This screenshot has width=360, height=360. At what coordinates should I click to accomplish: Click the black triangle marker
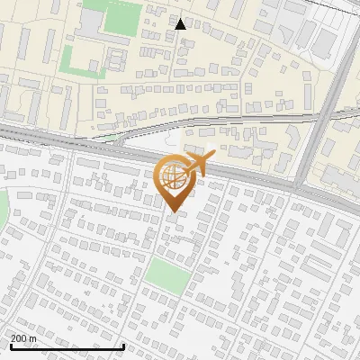(181, 24)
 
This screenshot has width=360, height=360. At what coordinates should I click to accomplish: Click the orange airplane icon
(198, 163)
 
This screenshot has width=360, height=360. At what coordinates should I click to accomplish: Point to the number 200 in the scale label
(21, 338)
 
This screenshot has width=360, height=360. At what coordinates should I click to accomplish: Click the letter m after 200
(33, 338)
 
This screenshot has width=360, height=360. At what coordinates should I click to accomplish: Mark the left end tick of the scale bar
(11, 346)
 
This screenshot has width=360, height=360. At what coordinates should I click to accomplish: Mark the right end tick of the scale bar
(123, 346)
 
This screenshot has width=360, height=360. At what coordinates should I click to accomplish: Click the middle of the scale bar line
(67, 347)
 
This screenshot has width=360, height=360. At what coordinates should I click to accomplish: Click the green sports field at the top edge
(124, 16)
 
